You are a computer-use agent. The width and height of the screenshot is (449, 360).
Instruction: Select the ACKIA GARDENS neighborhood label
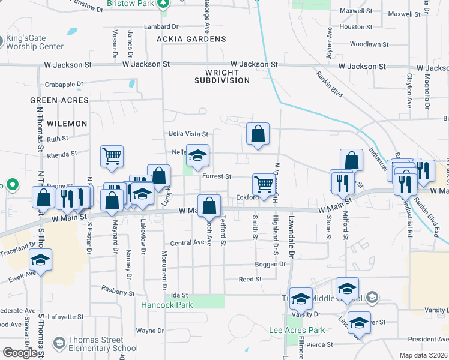pos(183,39)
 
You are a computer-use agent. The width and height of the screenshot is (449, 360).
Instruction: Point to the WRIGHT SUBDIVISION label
pos(222,76)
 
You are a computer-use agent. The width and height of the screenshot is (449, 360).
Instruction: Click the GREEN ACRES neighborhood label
pos(59,100)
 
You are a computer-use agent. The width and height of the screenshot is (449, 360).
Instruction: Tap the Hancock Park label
pos(167,305)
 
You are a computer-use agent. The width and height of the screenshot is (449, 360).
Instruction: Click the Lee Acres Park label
pos(297,330)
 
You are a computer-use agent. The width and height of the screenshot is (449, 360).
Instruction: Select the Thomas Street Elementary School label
pos(103,344)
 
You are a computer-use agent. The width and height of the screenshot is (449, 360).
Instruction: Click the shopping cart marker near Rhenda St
pos(112,157)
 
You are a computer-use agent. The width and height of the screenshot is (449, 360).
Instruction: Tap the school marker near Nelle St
pos(197,156)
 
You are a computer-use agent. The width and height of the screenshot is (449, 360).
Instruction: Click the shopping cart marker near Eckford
pos(264,185)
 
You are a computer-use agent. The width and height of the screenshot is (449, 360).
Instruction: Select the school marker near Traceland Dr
pos(41,260)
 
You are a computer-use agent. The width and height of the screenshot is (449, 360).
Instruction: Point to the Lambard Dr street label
pos(161,27)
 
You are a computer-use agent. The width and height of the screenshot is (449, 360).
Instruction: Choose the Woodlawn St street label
pos(364,44)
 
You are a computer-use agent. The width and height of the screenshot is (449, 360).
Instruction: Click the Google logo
pos(20,353)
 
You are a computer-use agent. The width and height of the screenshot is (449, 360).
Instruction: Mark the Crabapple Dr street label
pos(63,85)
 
